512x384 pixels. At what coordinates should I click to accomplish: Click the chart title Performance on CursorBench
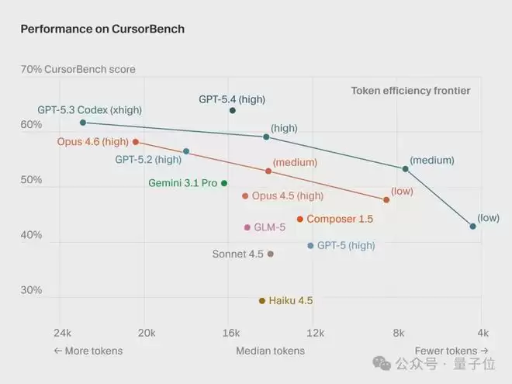tap(102, 29)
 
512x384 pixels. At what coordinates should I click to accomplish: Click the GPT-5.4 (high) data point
tap(233, 111)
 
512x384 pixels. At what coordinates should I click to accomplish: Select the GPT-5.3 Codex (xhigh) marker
tap(83, 123)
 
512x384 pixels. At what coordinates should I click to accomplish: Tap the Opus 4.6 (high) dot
tap(136, 142)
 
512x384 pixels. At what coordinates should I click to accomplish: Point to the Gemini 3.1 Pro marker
tap(224, 183)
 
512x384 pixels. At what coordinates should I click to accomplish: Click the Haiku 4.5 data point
tap(262, 300)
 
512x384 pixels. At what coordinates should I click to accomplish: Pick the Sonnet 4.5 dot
tap(270, 254)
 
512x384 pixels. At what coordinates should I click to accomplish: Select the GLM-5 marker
tap(247, 227)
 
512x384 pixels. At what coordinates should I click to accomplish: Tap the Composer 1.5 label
tap(340, 220)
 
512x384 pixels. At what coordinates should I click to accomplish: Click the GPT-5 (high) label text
tap(346, 245)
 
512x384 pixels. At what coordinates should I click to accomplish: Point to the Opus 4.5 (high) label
tap(288, 196)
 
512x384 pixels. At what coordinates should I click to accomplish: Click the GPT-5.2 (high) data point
tap(186, 151)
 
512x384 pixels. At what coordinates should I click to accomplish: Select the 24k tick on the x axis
tap(62, 333)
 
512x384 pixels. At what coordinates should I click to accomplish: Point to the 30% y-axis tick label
tap(31, 291)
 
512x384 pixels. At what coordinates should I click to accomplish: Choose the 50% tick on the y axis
tap(31, 180)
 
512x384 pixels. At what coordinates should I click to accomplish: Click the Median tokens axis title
tap(270, 351)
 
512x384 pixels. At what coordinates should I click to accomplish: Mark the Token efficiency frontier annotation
tap(410, 91)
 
